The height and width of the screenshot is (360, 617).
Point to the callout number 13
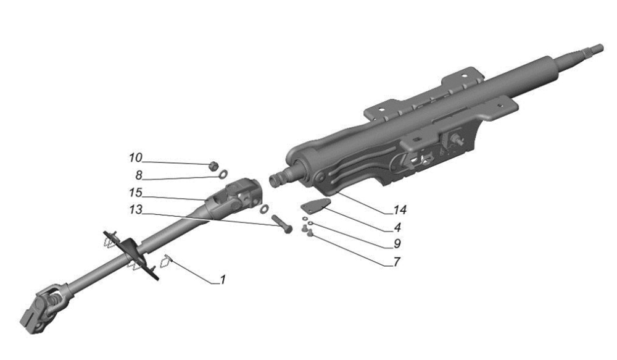(135, 210)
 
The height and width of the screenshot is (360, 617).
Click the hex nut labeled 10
(212, 165)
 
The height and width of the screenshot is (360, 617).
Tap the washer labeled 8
(225, 175)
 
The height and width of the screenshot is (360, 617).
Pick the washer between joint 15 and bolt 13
(264, 209)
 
